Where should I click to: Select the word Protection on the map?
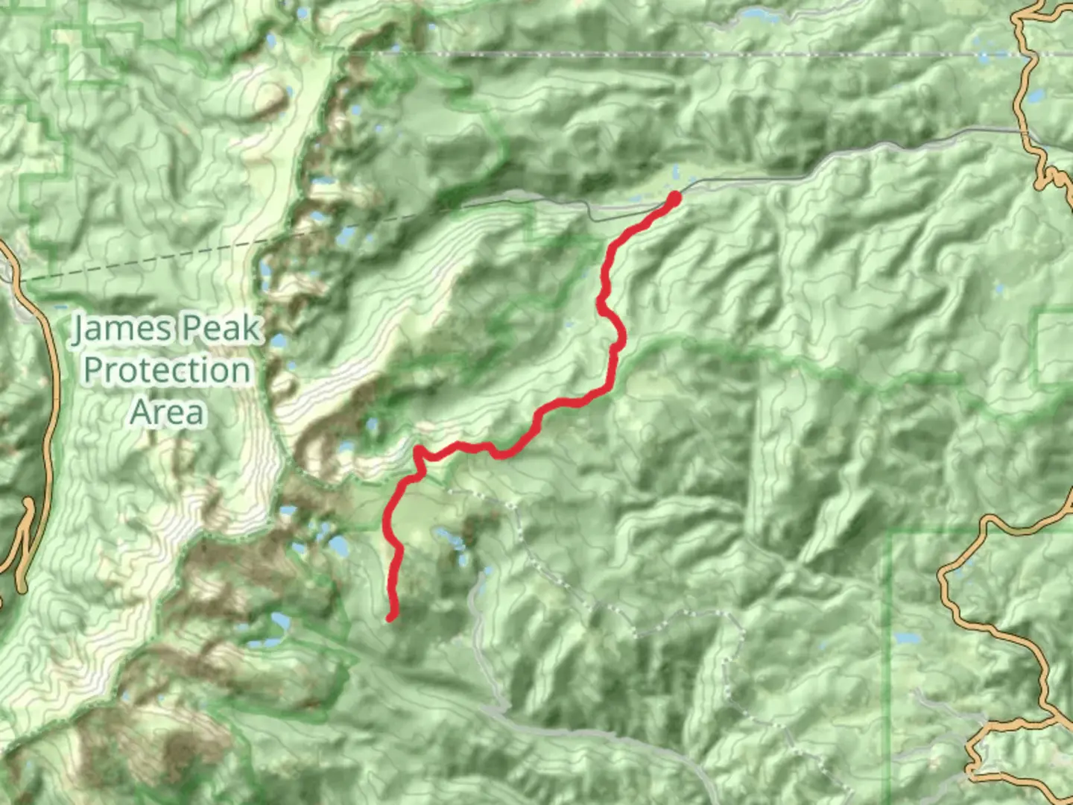(166, 370)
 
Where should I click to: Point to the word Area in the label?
(167, 411)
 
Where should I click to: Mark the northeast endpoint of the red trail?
(674, 198)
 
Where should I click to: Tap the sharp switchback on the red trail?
(418, 450)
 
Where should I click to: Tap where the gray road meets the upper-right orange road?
(1027, 133)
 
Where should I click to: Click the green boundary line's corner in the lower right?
(891, 534)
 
